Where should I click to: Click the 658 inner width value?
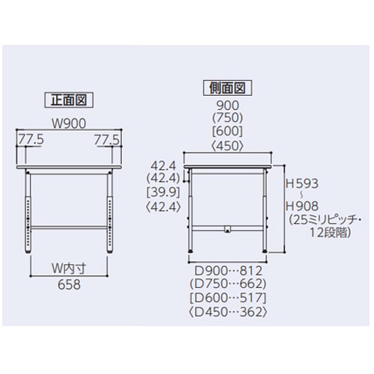tap(67, 285)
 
